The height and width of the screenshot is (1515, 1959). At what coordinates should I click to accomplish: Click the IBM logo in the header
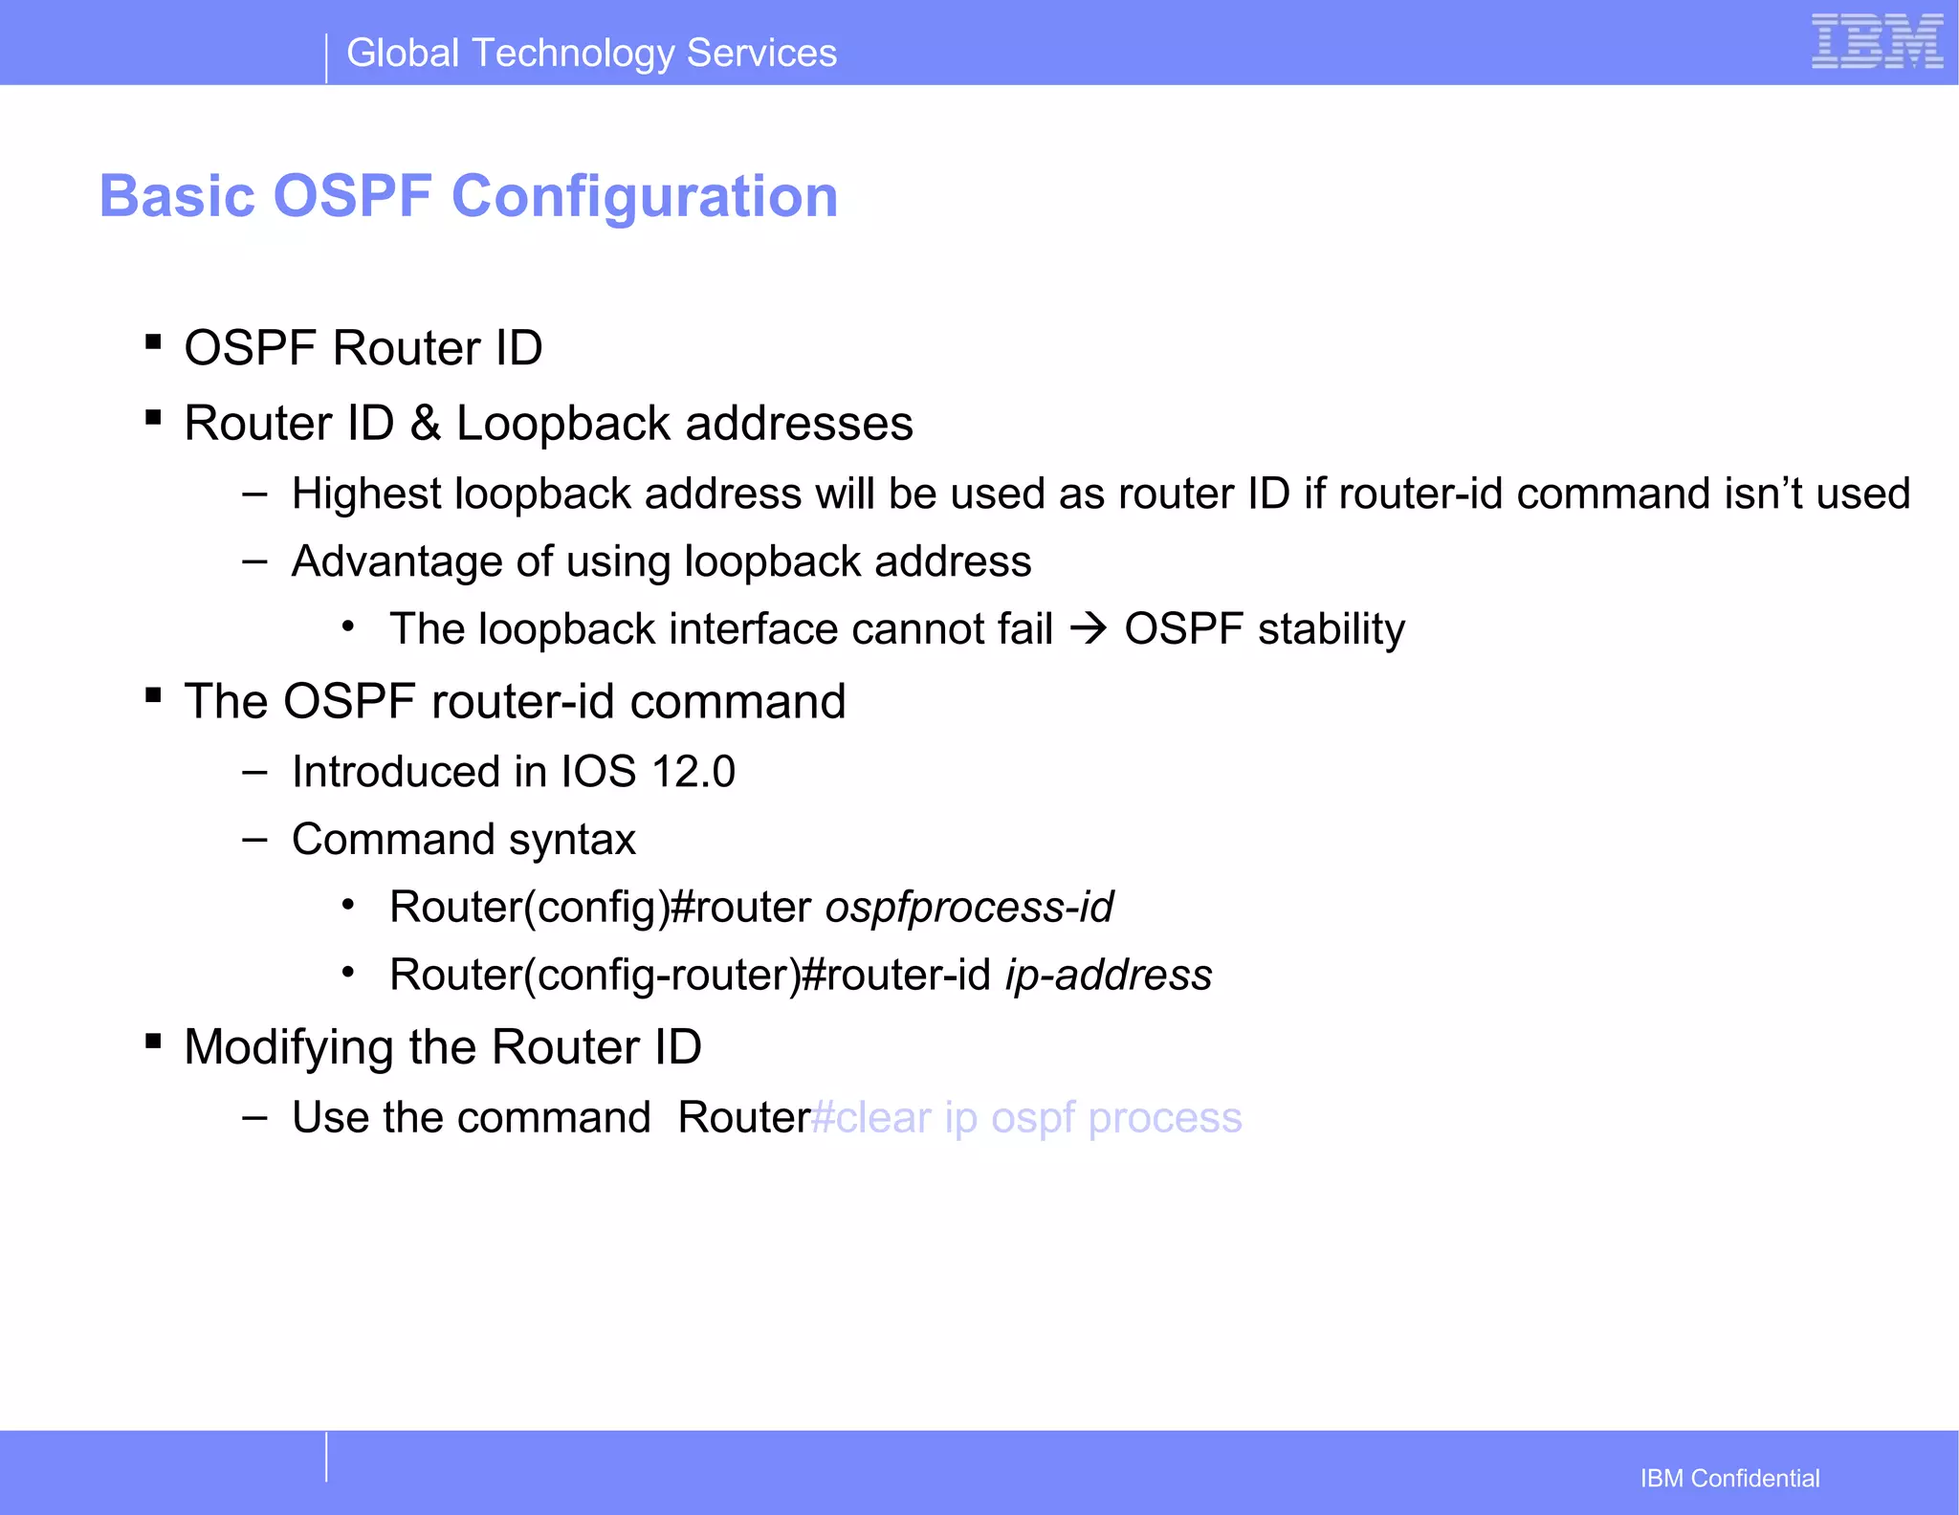pyautogui.click(x=1877, y=42)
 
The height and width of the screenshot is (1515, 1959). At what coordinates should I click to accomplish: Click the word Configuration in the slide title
pyautogui.click(x=644, y=197)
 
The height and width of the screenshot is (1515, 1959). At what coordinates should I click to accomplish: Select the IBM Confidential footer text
pyautogui.click(x=1729, y=1479)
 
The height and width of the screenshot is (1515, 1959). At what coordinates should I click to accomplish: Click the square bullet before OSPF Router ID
pyautogui.click(x=153, y=341)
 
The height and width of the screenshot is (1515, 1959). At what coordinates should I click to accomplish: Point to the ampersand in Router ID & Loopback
pyautogui.click(x=425, y=424)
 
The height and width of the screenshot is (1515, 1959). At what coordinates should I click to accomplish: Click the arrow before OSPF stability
pyautogui.click(x=1089, y=629)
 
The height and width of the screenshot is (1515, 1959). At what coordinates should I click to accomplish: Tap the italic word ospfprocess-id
pyautogui.click(x=969, y=908)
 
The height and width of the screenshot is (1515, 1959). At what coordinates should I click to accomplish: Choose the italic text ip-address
pyautogui.click(x=1109, y=976)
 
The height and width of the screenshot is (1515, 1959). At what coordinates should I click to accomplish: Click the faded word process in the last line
pyautogui.click(x=1164, y=1118)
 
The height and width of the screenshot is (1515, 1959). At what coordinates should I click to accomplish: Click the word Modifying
pyautogui.click(x=289, y=1047)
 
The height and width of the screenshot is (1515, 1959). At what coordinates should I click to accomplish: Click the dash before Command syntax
pyautogui.click(x=254, y=840)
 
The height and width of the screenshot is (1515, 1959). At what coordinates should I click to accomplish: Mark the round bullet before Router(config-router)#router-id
pyautogui.click(x=349, y=974)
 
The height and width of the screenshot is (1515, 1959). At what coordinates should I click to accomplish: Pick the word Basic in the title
pyautogui.click(x=178, y=197)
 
